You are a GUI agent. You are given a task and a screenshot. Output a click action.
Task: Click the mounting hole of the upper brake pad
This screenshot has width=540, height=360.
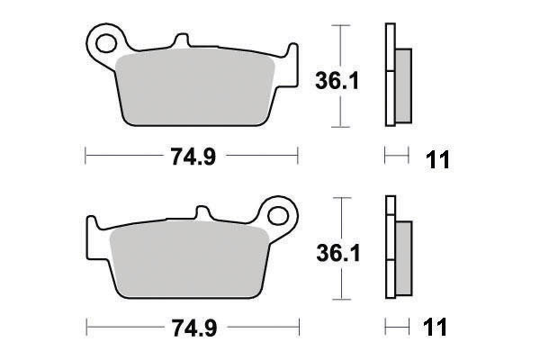105,43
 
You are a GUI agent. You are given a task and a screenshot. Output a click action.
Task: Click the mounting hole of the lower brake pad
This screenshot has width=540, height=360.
277,216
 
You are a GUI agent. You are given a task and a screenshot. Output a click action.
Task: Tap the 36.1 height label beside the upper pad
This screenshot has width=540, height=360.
337,81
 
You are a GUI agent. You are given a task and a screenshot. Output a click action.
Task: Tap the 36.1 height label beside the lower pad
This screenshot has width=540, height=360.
338,253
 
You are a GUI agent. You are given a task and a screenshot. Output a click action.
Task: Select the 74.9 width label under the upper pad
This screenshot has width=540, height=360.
193,157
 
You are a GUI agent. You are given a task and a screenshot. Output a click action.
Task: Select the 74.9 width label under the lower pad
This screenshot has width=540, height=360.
194,328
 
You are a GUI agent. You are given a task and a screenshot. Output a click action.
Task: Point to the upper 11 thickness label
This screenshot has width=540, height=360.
437,160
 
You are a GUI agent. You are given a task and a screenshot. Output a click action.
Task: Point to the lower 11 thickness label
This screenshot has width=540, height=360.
435,327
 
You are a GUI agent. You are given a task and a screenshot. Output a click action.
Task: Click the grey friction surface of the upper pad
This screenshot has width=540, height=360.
194,88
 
